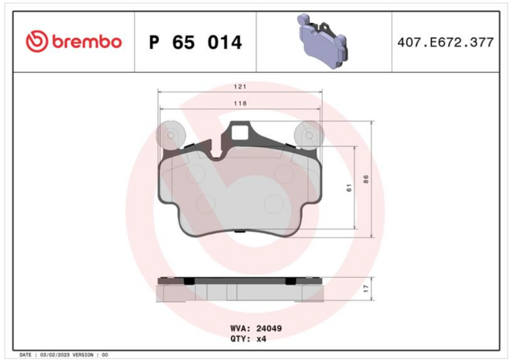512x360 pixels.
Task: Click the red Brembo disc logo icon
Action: (x=37, y=42)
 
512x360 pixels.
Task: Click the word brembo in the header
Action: (x=87, y=42)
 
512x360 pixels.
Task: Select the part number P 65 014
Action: (x=195, y=42)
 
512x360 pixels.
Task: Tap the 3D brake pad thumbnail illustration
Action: (x=323, y=41)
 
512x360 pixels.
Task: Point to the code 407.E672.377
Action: (x=445, y=42)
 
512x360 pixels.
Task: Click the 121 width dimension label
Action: (x=240, y=86)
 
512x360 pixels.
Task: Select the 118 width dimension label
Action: (x=240, y=103)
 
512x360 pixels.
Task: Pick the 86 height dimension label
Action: (x=365, y=179)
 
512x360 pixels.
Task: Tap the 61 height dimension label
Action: (x=349, y=187)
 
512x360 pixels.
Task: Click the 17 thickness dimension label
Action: (x=365, y=288)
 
